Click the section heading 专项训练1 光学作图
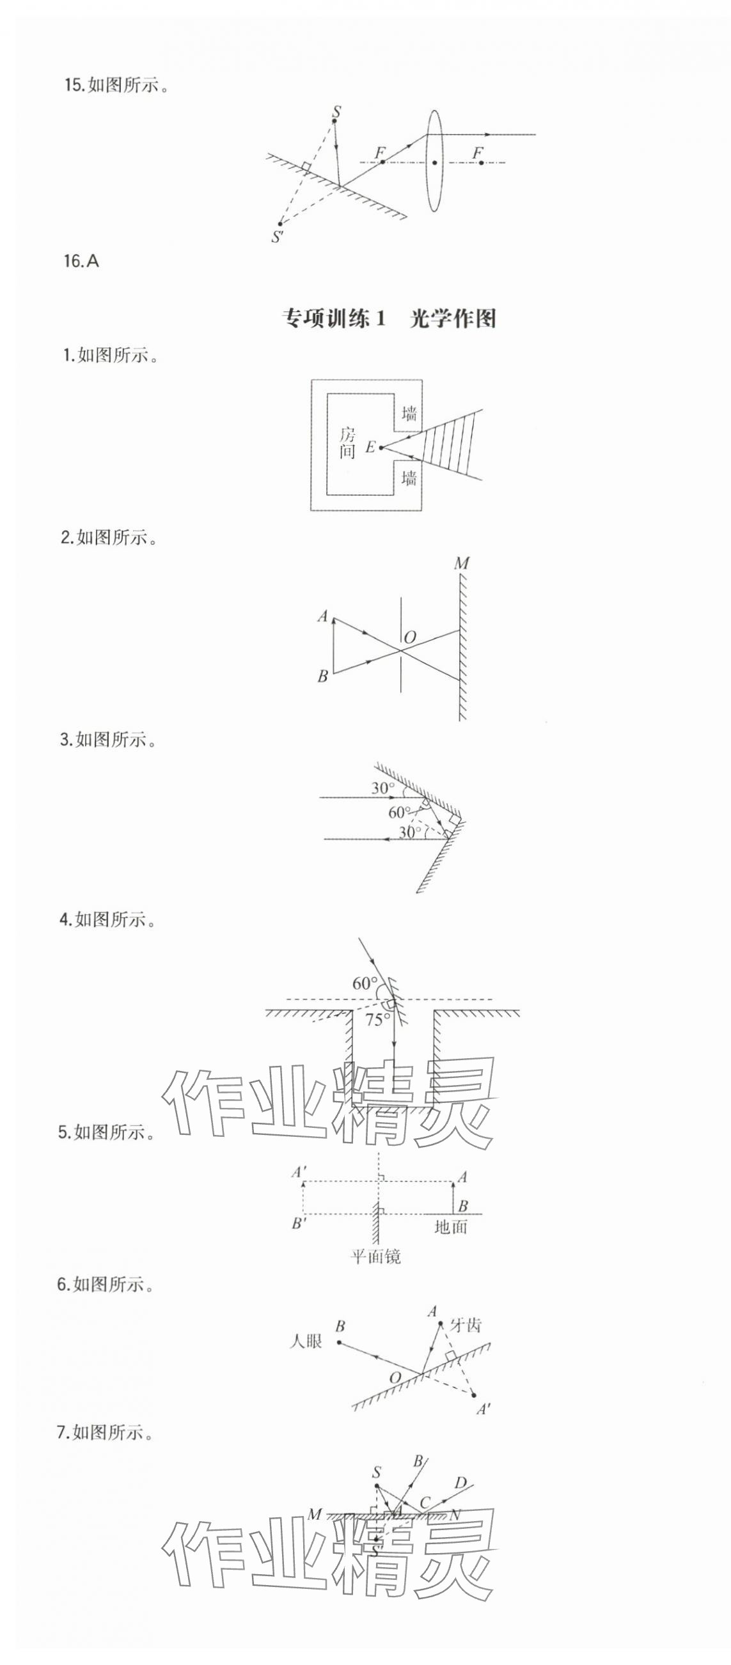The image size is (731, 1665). coord(389,318)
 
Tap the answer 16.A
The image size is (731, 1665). coord(81,261)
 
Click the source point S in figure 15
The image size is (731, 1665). coord(336,113)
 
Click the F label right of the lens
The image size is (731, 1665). coord(478,153)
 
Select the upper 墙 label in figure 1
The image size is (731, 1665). coord(409,412)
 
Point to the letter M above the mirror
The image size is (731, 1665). coord(462,563)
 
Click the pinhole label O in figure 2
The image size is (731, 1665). coord(409,637)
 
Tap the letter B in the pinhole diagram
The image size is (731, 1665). coord(322,676)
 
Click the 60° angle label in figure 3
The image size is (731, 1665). coord(399,812)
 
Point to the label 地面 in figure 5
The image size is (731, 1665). coord(450,1227)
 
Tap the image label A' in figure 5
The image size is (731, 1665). coord(299,1171)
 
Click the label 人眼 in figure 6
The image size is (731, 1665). coord(306,1341)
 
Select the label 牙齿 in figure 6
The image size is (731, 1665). coord(466,1325)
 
